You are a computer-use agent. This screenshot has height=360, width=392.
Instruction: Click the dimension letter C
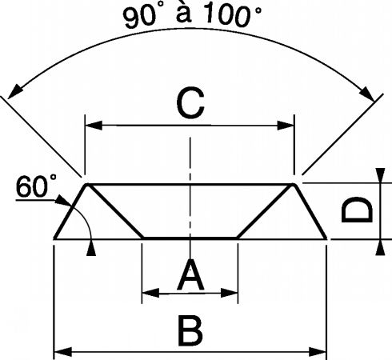190,103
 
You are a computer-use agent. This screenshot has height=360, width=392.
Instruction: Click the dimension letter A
190,275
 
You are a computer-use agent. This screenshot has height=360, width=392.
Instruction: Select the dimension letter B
190,331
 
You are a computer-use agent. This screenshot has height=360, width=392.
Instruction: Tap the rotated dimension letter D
357,210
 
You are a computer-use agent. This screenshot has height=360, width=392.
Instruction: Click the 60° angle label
36,186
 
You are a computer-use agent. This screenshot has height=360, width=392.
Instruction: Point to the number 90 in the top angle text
138,18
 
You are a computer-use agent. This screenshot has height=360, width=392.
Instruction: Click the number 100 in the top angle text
227,15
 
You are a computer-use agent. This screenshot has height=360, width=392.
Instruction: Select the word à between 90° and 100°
184,13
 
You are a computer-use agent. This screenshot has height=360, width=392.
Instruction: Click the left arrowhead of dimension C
94,126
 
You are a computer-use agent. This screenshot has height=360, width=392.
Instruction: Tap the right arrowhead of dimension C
286,126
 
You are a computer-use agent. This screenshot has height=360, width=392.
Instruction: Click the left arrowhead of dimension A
151,293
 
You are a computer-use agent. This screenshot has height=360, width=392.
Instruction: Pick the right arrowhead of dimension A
229,293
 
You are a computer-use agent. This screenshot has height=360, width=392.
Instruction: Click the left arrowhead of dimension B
63,352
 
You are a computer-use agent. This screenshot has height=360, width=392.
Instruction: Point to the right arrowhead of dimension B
318,352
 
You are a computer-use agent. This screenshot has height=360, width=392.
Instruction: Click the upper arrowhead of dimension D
380,175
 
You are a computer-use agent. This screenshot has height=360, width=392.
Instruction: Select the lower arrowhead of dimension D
380,247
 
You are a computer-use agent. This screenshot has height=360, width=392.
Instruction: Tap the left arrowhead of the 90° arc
14,91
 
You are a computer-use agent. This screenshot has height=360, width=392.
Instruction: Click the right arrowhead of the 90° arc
368,94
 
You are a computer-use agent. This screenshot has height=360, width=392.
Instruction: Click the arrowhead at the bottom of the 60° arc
91,248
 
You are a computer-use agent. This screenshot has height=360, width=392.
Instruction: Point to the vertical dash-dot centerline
190,198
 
